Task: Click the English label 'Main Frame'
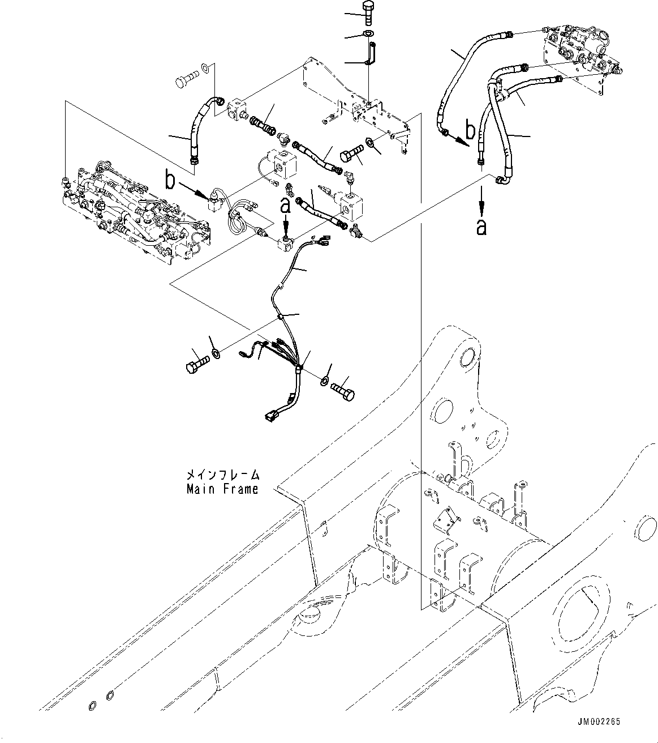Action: (x=222, y=489)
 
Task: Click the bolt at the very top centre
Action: (x=367, y=11)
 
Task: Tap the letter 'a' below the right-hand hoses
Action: (x=481, y=227)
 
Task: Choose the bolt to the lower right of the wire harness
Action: (x=343, y=390)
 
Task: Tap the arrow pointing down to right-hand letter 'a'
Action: (x=481, y=198)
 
